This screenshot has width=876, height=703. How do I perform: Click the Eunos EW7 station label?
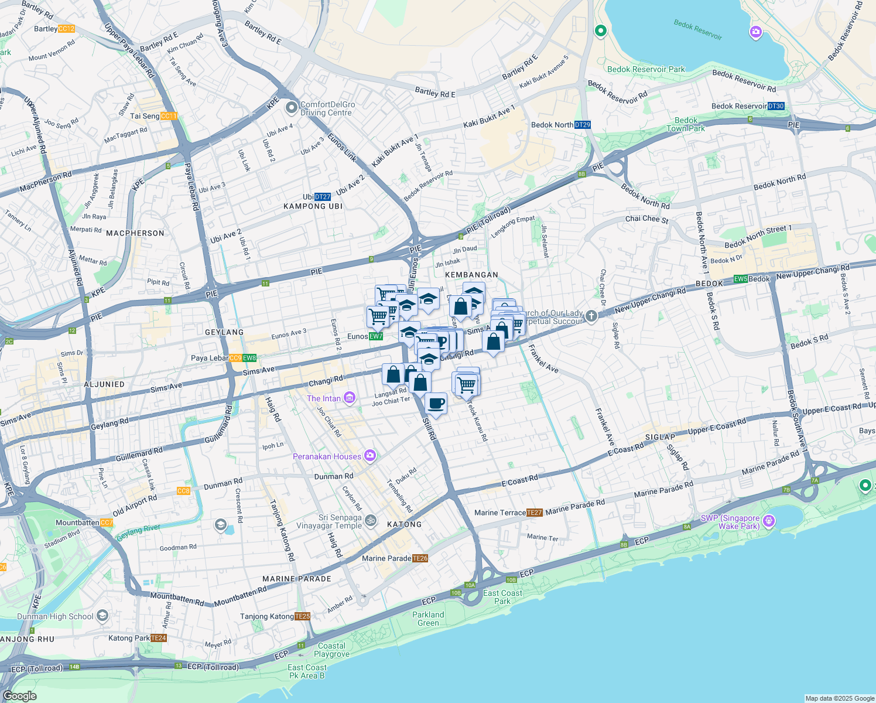tap(365, 336)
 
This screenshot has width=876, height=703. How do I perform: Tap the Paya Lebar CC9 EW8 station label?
tap(224, 358)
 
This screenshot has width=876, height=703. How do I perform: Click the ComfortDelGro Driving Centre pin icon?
tap(291, 108)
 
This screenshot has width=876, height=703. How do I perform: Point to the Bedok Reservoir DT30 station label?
tap(748, 106)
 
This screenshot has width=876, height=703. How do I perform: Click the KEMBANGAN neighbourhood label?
tap(471, 275)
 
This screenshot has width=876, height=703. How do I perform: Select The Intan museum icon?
tap(350, 398)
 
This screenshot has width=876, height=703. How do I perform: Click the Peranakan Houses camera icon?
tap(369, 455)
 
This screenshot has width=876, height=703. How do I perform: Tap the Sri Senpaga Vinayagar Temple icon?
tap(371, 520)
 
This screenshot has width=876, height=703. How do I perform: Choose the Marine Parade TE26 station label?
tap(395, 558)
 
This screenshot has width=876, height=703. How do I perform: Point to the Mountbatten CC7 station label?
tap(84, 523)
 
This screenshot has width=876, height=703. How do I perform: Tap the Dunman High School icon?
tap(102, 615)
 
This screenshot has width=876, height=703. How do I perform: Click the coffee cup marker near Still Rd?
tap(436, 404)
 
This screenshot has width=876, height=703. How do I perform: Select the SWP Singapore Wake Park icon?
tap(769, 521)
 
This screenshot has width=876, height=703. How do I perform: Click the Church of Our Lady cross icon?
tap(591, 317)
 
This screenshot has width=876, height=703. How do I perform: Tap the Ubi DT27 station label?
tap(317, 197)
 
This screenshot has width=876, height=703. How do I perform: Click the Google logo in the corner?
tap(19, 695)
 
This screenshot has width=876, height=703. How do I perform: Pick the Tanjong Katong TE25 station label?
tap(275, 616)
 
